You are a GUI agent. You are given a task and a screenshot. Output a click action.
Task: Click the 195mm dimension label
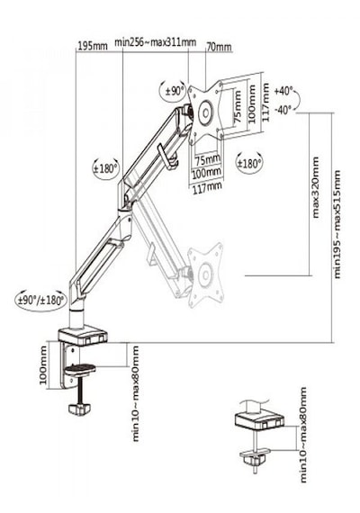coord(93,46)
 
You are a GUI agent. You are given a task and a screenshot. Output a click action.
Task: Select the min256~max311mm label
coord(156,42)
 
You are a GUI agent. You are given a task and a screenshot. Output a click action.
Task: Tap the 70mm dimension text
coord(219,47)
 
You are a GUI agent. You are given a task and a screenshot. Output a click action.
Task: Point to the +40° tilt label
coord(283,91)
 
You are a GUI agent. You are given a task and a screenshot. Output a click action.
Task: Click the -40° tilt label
coord(283,109)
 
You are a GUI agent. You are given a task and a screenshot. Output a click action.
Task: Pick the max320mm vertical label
coord(316,187)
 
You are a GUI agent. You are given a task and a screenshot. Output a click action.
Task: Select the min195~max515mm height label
coord(337,224)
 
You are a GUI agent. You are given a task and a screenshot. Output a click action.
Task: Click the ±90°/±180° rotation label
coord(41,300)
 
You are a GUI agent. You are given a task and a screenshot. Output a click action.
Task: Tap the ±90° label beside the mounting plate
coord(175,91)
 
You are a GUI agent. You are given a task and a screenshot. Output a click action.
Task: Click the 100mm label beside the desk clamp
coord(43,365)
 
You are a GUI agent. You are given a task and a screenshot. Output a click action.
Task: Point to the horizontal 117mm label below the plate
coord(207,187)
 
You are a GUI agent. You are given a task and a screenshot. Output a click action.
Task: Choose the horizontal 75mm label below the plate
coord(208,160)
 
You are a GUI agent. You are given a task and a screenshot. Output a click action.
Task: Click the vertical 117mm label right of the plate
coord(265,102)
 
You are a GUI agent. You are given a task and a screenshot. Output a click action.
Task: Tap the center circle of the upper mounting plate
coord(205,112)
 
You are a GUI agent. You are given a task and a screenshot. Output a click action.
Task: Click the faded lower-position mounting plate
coord(206,274)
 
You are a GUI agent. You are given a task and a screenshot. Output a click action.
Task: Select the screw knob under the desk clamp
coord(79,409)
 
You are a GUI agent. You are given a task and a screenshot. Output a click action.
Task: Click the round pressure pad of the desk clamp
coord(80,369)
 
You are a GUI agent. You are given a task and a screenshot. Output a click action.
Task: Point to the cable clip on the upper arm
coord(166,157)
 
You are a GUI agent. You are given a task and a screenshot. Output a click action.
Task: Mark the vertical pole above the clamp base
coord(76,317)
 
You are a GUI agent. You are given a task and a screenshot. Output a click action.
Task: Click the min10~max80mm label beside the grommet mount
coord(303,435)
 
